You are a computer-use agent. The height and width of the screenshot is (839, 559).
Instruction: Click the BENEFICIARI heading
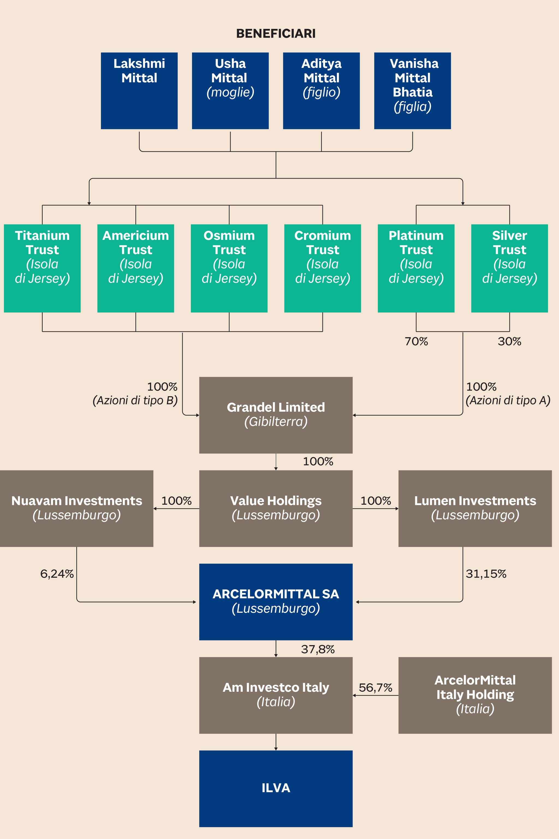[276, 34]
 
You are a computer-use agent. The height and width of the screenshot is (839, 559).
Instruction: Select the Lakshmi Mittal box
[139, 91]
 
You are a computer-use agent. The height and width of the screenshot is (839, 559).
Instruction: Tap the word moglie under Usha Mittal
[230, 92]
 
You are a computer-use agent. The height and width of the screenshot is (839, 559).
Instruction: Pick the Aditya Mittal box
[321, 91]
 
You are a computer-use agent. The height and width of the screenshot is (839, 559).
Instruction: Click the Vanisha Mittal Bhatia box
[412, 91]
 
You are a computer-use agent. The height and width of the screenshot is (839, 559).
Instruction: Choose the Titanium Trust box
[42, 268]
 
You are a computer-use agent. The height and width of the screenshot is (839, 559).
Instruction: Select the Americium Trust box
[135, 268]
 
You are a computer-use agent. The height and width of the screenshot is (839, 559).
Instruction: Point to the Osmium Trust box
[229, 268]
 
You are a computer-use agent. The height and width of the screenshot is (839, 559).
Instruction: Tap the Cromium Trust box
[322, 268]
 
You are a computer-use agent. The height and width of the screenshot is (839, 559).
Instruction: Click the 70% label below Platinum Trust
[416, 341]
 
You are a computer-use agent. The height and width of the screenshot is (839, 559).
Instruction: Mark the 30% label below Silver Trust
[509, 341]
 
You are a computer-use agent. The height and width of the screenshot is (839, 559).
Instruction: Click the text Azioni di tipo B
[135, 401]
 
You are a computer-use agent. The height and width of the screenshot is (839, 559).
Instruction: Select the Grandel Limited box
[276, 415]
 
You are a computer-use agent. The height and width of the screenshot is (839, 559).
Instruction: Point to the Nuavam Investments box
[76, 508]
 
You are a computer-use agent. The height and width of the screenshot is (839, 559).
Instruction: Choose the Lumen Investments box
[475, 508]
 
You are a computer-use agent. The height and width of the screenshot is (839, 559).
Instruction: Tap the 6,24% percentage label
[57, 574]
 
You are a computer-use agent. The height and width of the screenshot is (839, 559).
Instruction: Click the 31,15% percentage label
[486, 574]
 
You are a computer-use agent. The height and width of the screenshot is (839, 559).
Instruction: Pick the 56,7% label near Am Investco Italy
[375, 687]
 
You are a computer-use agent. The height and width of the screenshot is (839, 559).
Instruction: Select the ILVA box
[276, 788]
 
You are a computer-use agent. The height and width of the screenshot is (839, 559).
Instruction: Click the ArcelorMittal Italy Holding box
[475, 695]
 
